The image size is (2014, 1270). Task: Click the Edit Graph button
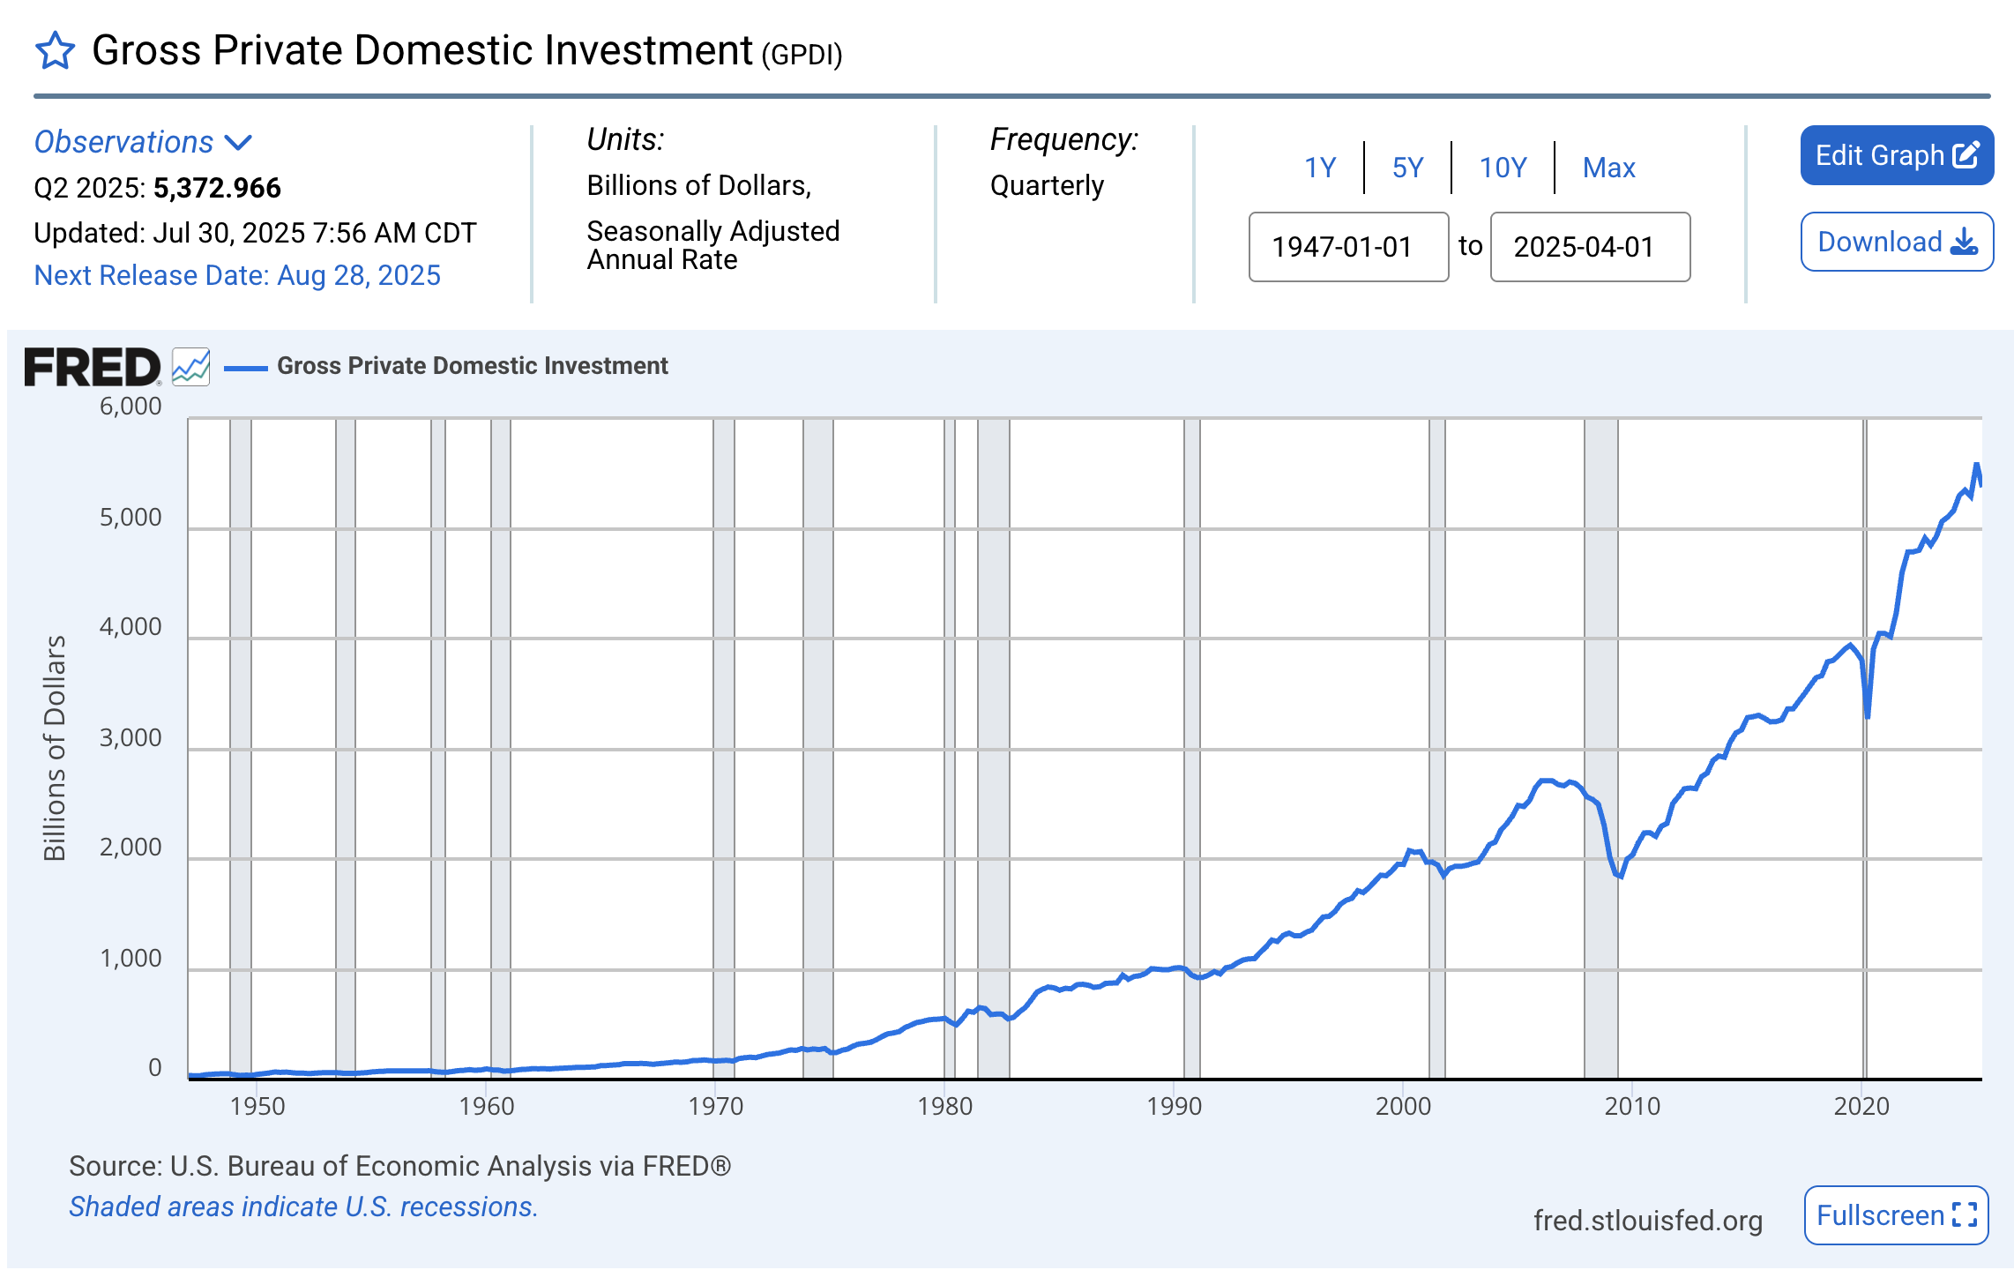[1896, 155]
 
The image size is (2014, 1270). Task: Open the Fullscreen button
[1896, 1215]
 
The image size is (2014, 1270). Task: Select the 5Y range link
[1407, 168]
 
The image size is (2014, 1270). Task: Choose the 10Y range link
[1503, 168]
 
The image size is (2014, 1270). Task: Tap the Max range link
[1608, 168]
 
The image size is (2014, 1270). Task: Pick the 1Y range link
[1320, 168]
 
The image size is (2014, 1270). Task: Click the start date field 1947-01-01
[1348, 247]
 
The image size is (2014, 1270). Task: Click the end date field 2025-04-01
[1590, 247]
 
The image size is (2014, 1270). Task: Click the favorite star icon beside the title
[55, 50]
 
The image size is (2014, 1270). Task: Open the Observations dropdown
[143, 142]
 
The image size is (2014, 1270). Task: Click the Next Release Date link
[237, 276]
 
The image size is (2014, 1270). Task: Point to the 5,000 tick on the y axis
[131, 518]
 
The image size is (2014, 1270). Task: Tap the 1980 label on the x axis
[944, 1106]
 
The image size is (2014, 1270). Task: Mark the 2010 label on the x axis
[1632, 1106]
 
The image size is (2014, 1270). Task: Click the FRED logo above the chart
[92, 367]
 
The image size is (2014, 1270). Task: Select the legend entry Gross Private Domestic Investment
[472, 366]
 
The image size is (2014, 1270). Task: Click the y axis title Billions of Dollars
[55, 747]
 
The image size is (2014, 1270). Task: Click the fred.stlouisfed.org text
[1647, 1221]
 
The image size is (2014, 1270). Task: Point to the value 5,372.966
[217, 188]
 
